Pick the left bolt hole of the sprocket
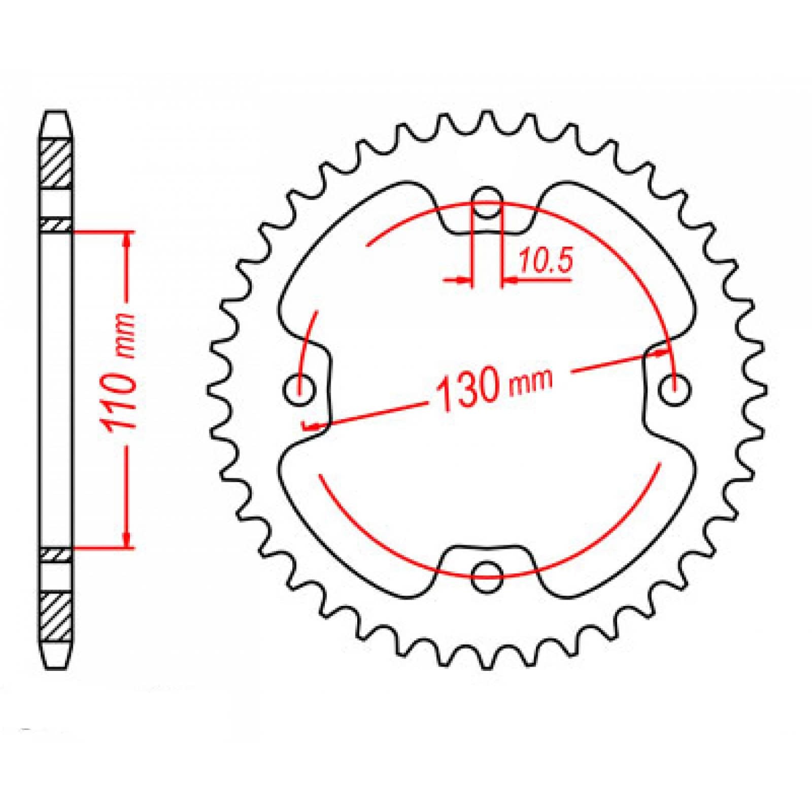[x=299, y=391]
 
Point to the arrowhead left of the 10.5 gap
[x=462, y=279]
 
